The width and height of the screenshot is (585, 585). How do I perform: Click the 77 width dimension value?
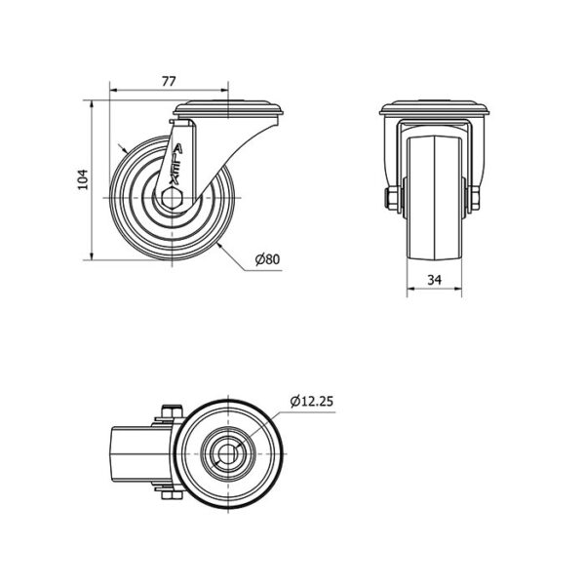169,81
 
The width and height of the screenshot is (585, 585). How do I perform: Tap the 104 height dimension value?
83,179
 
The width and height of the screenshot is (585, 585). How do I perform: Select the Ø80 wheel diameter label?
267,259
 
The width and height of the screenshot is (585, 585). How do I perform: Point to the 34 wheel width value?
434,280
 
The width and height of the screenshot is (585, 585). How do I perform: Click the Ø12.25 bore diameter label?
312,402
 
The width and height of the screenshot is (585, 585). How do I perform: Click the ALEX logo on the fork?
175,165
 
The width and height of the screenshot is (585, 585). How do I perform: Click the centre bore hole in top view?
227,453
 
